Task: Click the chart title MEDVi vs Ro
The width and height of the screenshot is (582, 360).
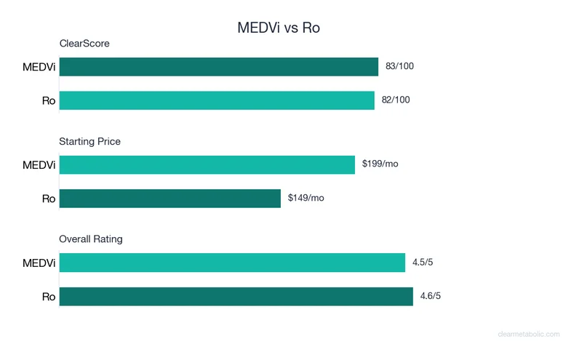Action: tap(279, 28)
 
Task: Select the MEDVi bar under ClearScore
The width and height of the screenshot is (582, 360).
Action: tap(218, 67)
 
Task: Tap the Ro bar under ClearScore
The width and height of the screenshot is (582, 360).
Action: tap(217, 100)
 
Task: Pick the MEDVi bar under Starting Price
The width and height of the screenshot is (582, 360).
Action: tap(207, 164)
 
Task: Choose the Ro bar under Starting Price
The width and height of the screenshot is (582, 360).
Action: tap(170, 198)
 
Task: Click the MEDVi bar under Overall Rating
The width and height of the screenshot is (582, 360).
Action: tap(232, 263)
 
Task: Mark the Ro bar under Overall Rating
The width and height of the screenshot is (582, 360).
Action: tap(236, 296)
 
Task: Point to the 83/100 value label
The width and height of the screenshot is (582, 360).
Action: tap(399, 67)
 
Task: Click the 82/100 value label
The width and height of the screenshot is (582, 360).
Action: tap(396, 100)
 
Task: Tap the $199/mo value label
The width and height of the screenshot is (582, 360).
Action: tap(380, 164)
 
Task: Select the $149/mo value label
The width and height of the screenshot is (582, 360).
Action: tap(306, 198)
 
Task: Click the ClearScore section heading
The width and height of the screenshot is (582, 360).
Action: tap(84, 44)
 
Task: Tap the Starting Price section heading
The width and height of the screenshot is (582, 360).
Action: tap(89, 141)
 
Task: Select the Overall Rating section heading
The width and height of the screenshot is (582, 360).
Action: tap(91, 239)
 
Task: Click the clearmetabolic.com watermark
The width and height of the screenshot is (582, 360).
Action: tap(529, 335)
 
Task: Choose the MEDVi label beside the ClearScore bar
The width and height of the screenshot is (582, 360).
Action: tap(39, 68)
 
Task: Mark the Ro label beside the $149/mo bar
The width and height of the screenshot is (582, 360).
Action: tap(49, 199)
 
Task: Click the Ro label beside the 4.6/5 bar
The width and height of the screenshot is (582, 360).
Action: tap(49, 297)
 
